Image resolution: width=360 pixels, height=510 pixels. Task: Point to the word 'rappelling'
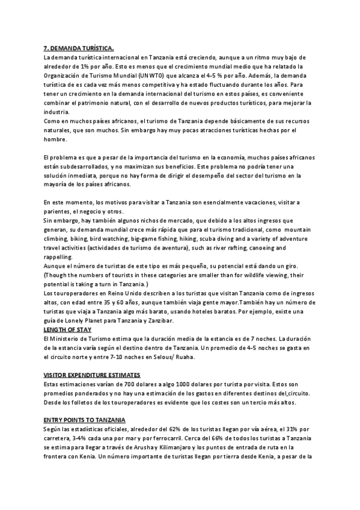[58, 257]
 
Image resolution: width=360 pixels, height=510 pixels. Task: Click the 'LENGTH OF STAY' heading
[70, 330]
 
